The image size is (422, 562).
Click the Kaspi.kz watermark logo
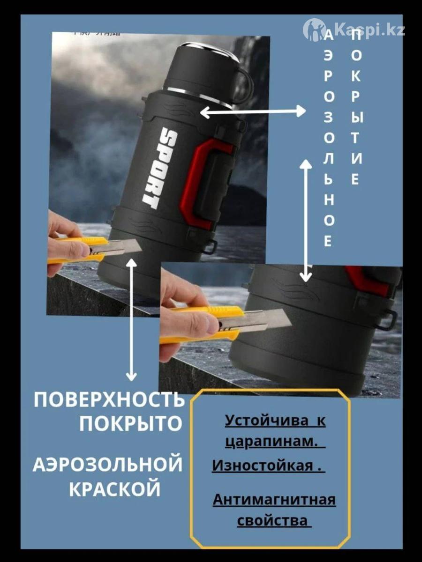point(354,31)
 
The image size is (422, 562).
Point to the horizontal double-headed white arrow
point(253,111)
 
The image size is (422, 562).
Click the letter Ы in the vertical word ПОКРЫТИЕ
point(356,118)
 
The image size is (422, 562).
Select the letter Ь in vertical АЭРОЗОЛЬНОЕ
point(329,180)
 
